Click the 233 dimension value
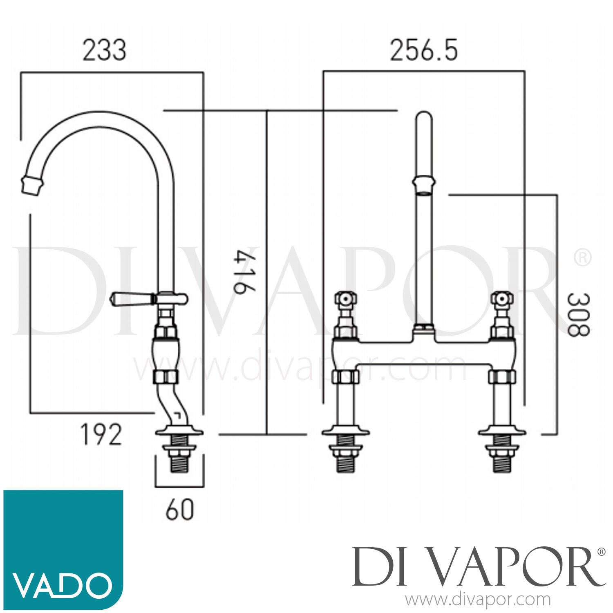click(x=104, y=51)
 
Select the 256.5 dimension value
click(x=424, y=51)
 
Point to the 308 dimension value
click(x=578, y=314)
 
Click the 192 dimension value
click(x=101, y=434)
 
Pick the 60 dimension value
click(x=180, y=510)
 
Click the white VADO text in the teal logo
click(x=62, y=585)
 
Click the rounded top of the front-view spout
click(x=423, y=117)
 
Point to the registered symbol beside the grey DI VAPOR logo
click(x=601, y=552)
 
